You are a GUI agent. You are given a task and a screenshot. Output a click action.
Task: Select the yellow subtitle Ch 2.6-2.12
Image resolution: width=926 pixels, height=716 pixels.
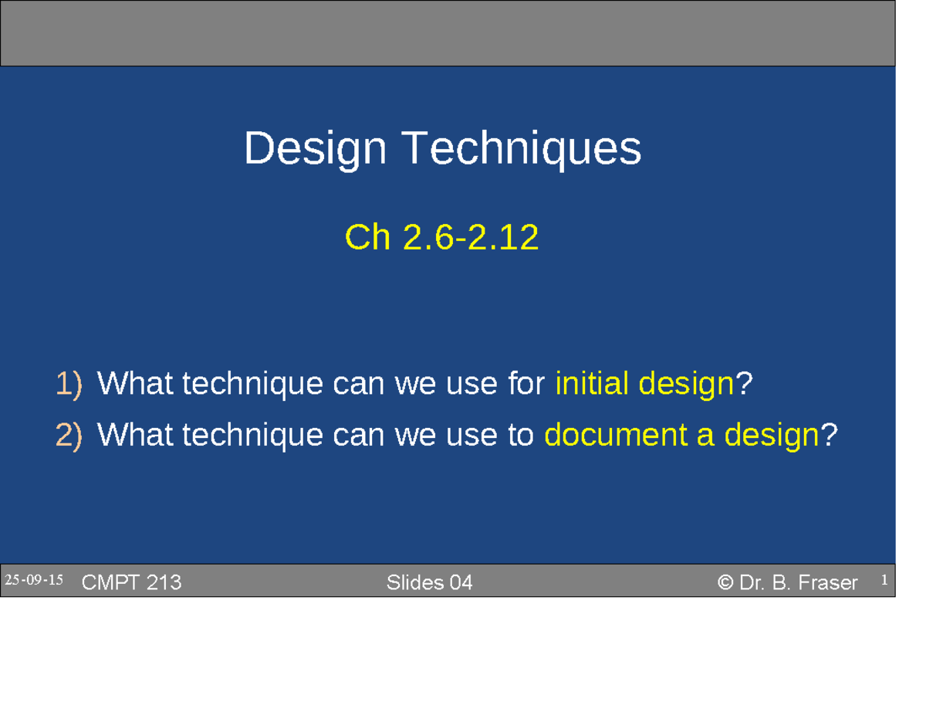(x=441, y=239)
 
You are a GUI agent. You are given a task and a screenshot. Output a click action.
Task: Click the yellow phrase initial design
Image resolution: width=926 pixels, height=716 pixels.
(x=644, y=383)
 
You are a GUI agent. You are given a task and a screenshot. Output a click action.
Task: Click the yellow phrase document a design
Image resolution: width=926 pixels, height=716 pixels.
(x=681, y=436)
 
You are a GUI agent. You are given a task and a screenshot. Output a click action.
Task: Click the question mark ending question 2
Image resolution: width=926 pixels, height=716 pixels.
(x=828, y=436)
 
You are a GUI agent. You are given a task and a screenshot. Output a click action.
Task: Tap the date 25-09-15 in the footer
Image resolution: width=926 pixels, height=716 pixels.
(x=34, y=581)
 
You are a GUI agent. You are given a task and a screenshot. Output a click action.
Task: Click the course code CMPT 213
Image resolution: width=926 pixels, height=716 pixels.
(x=131, y=583)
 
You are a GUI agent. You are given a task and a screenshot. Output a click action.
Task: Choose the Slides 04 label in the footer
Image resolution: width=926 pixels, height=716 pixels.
(x=429, y=583)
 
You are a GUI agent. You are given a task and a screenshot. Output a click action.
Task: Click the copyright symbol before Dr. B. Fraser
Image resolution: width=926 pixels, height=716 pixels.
(x=725, y=583)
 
